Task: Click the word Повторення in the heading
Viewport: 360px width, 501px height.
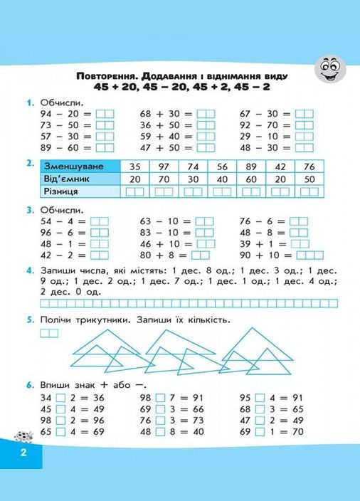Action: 107,75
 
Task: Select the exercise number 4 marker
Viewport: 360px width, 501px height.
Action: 29,270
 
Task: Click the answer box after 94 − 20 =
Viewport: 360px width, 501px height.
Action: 105,113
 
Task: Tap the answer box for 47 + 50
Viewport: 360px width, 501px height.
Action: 206,148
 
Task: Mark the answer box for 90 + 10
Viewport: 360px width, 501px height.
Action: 309,255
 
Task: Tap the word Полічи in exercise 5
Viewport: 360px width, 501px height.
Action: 59,320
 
